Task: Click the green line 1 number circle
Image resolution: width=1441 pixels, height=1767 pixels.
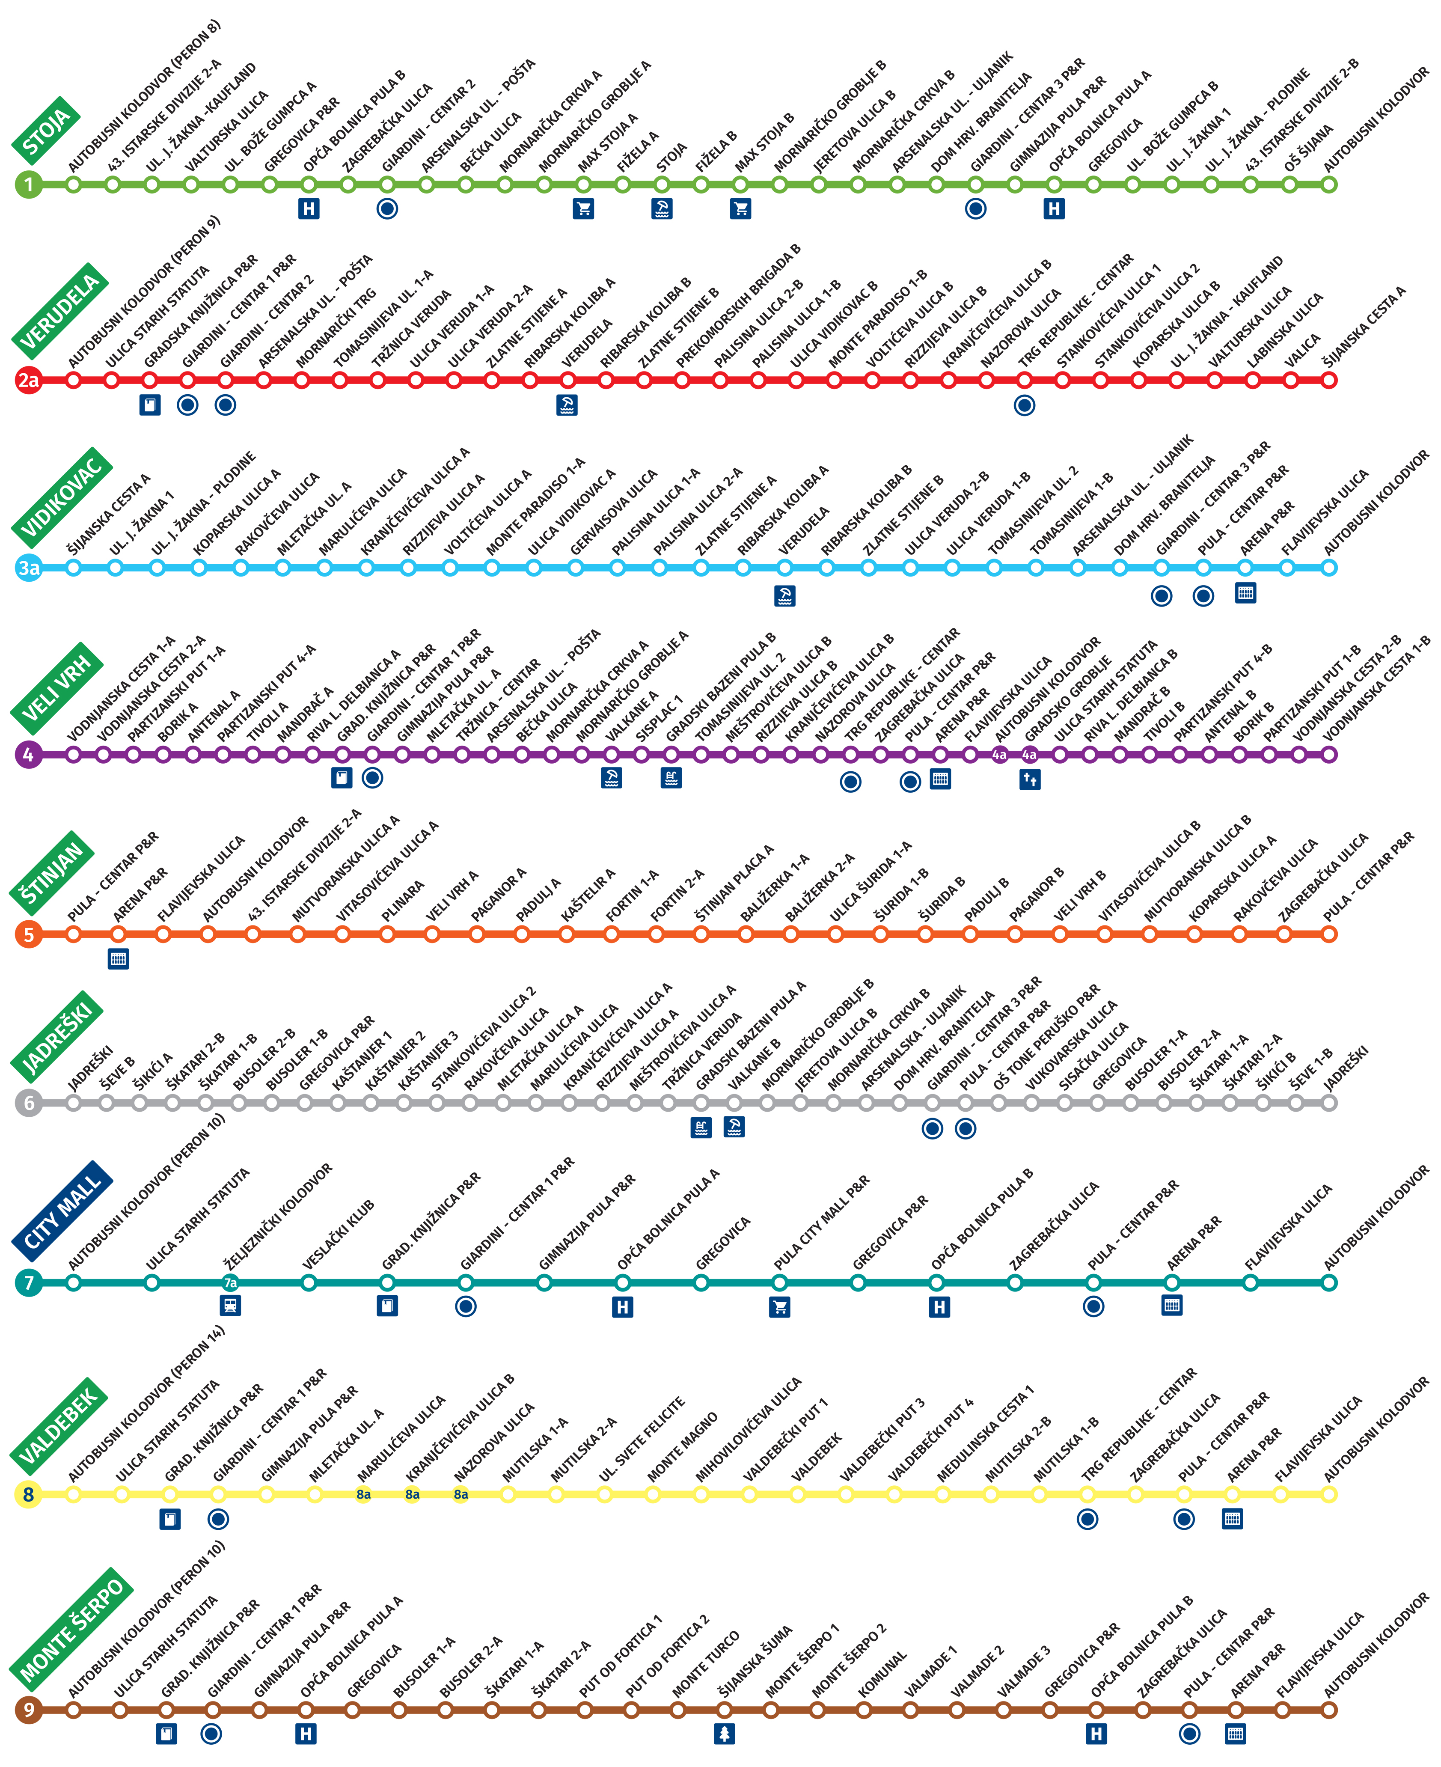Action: click(x=28, y=184)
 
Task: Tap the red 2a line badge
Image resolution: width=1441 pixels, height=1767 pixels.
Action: click(x=28, y=380)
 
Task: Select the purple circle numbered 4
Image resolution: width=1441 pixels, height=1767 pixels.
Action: click(x=28, y=755)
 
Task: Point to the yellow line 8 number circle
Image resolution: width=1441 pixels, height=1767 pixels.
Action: click(x=28, y=1495)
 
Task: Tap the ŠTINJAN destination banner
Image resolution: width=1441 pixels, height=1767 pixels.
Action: click(x=51, y=872)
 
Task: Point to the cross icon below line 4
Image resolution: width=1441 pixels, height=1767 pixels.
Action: click(x=1030, y=780)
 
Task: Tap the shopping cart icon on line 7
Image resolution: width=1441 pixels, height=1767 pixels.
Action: click(x=779, y=1307)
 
